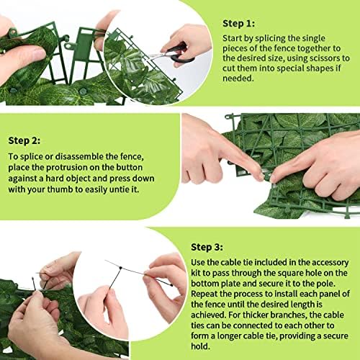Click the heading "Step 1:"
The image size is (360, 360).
coord(238,24)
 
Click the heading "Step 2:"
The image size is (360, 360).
coord(24,140)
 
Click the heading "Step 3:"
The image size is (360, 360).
coord(207,247)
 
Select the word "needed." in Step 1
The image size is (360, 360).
coord(238,78)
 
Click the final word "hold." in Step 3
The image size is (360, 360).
coord(200,346)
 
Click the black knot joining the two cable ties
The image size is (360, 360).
coord(120,268)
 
